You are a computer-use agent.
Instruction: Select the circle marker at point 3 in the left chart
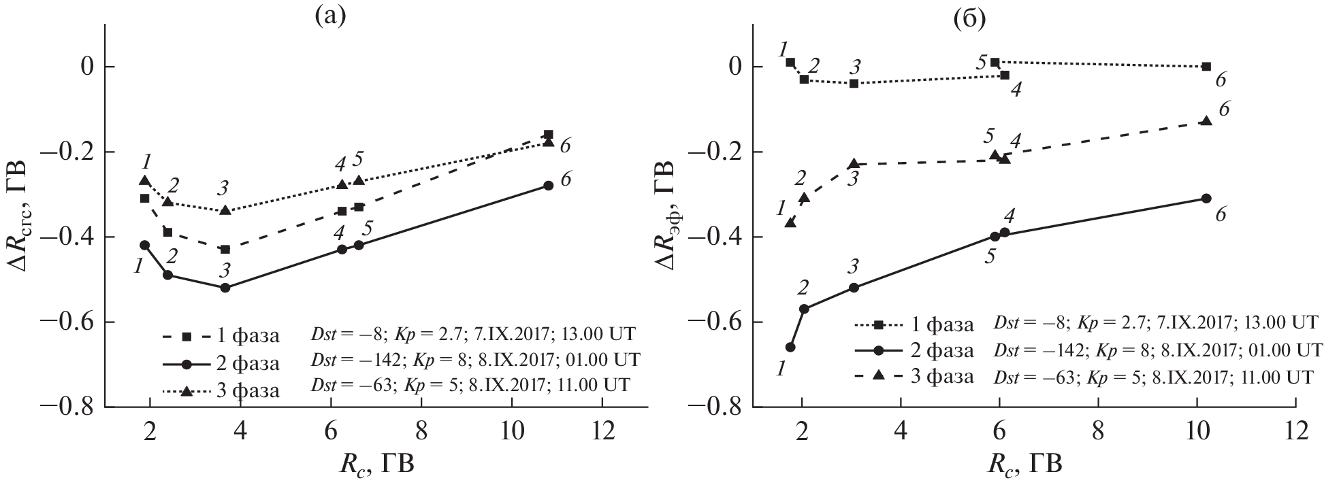225,288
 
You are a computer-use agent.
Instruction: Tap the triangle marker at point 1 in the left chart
144,181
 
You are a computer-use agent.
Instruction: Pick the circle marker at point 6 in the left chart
549,186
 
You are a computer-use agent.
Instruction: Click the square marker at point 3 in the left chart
225,250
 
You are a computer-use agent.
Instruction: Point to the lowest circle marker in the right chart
790,347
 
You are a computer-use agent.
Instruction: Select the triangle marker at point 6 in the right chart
1206,121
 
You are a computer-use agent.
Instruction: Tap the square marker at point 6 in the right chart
1206,67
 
